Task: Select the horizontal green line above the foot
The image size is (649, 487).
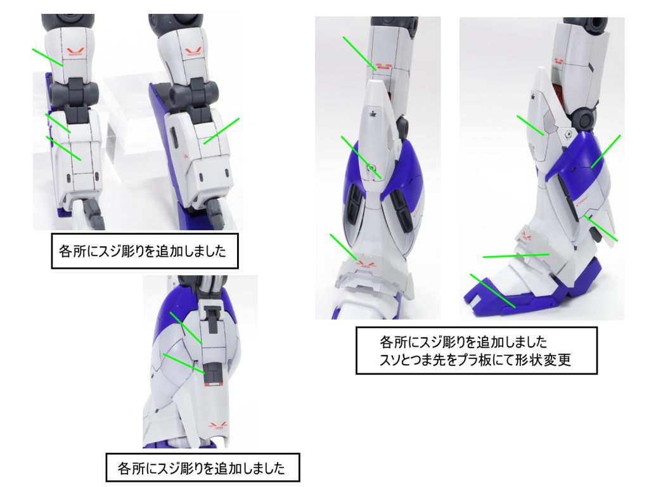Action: point(515,255)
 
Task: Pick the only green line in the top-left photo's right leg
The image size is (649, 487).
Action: point(221,131)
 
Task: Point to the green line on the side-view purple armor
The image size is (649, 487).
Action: point(605,152)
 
